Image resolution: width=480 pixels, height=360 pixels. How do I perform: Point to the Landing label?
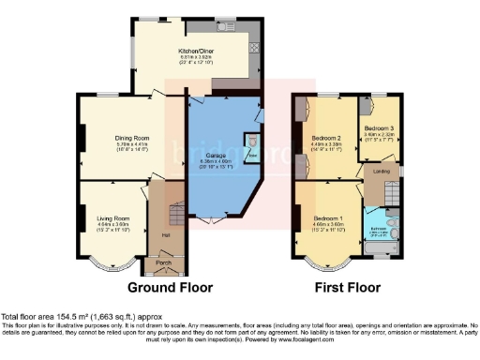point(382,171)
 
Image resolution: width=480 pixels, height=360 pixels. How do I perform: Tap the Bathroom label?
point(379,229)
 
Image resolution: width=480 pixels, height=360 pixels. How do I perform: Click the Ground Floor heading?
point(170,288)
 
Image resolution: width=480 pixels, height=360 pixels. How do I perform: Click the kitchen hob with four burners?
point(253,45)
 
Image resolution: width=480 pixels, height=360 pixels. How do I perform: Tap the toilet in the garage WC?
point(249,143)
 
